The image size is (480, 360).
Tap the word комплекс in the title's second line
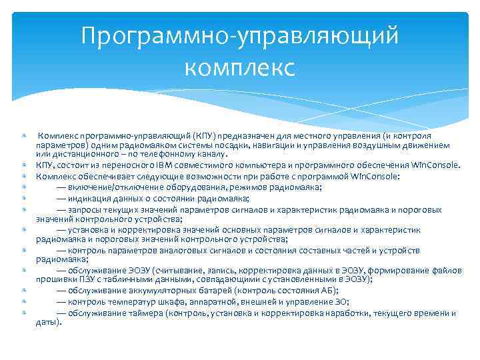239,67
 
